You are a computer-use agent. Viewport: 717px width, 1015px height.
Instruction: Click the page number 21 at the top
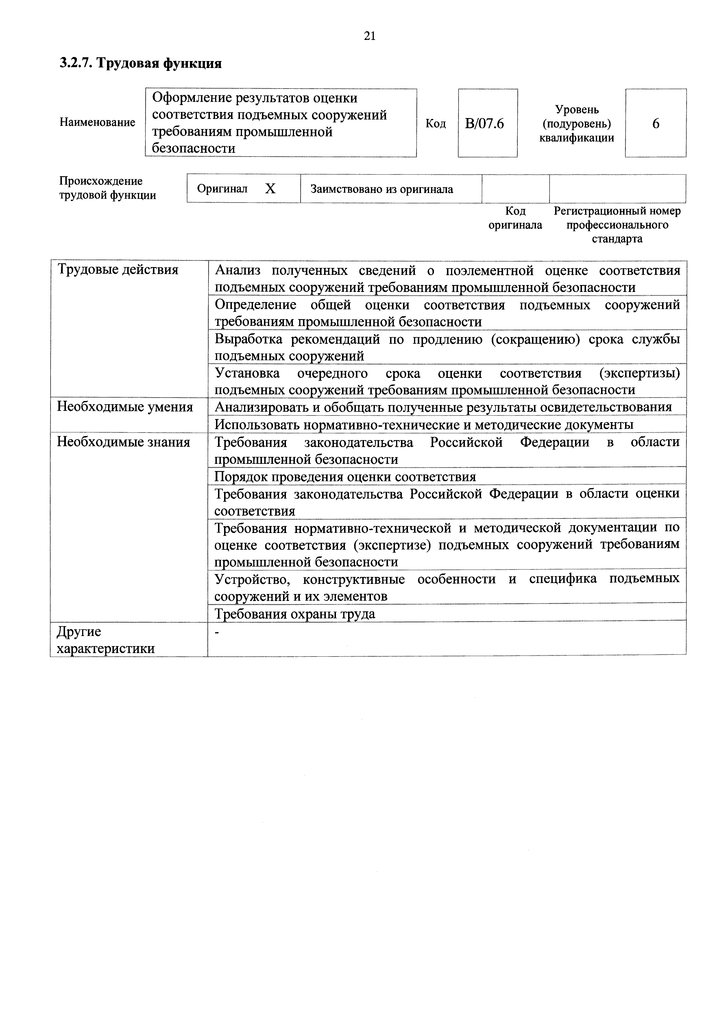[370, 36]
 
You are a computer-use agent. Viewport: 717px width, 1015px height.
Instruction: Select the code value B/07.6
[485, 123]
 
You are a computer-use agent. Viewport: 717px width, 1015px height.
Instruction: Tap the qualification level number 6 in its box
[656, 123]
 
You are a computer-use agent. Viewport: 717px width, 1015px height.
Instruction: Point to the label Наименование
[97, 122]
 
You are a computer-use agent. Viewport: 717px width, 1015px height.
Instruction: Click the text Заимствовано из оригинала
[382, 189]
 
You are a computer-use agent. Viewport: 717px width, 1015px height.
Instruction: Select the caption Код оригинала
[515, 218]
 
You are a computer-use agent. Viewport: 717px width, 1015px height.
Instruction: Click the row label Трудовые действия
[118, 270]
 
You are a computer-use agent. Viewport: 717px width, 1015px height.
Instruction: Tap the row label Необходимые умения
[125, 407]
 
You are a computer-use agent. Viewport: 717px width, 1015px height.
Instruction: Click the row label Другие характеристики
[106, 640]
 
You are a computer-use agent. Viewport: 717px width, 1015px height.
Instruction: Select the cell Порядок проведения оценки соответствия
[345, 477]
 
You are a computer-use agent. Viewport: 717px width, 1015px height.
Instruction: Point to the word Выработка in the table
[249, 339]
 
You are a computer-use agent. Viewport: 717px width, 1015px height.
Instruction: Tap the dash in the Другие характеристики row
[217, 632]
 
